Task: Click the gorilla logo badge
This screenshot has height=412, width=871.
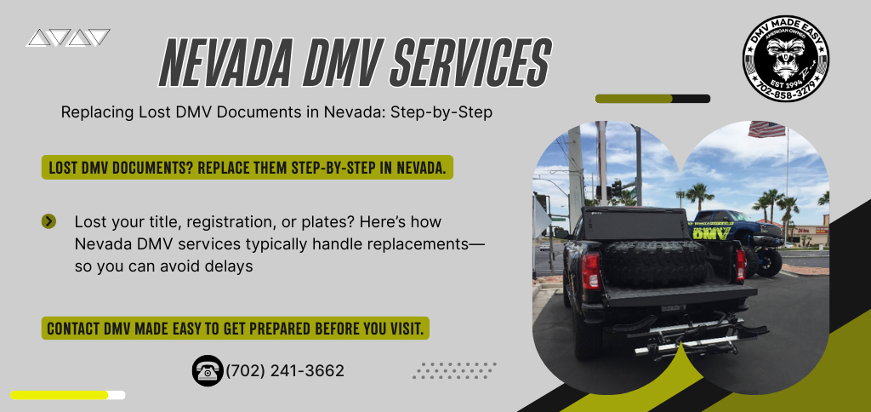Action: click(785, 59)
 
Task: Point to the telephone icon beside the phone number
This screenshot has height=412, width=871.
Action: click(208, 370)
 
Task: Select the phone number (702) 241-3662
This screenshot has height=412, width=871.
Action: click(285, 371)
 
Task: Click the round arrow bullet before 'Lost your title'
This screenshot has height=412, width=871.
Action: click(48, 221)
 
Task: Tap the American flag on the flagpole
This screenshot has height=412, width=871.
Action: click(766, 129)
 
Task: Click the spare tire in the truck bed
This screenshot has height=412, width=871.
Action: click(656, 262)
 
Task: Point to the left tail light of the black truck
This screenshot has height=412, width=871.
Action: click(590, 269)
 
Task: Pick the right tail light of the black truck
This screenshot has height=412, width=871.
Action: click(740, 263)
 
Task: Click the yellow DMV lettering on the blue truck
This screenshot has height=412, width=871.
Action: click(711, 233)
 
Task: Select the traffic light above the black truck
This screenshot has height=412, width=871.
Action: click(616, 188)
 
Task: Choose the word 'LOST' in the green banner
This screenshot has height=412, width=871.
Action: click(61, 168)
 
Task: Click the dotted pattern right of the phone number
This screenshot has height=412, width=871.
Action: click(454, 371)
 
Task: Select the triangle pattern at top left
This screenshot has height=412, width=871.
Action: click(68, 37)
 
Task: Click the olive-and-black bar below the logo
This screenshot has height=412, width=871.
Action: click(652, 99)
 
